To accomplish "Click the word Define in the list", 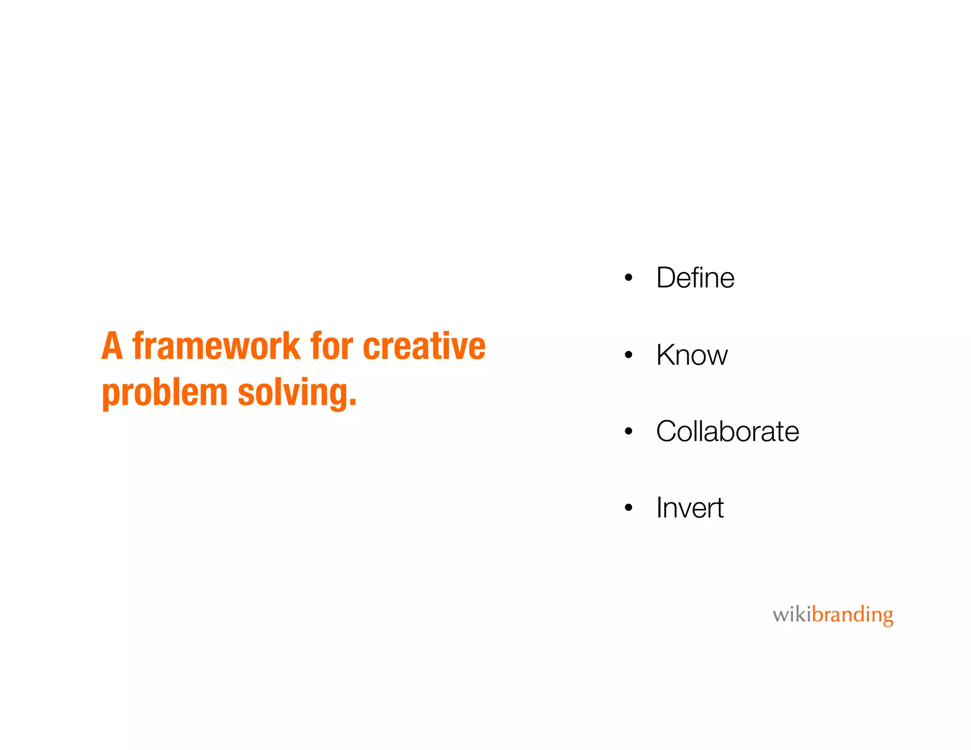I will pyautogui.click(x=695, y=278).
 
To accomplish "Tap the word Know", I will pyautogui.click(x=692, y=355).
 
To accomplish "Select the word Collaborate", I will pyautogui.click(x=727, y=431).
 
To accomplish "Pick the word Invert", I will pyautogui.click(x=690, y=508).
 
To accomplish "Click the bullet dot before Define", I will pyautogui.click(x=629, y=278).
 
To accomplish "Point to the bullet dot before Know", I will pyautogui.click(x=629, y=355).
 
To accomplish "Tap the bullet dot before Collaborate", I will pyautogui.click(x=629, y=431).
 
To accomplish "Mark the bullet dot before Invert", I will pyautogui.click(x=629, y=508).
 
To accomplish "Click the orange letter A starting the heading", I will pyautogui.click(x=112, y=346).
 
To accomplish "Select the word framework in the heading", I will pyautogui.click(x=216, y=346).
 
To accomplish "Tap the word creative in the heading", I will pyautogui.click(x=424, y=346).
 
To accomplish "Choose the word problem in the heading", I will pyautogui.click(x=165, y=393).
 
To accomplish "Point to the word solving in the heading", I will pyautogui.click(x=293, y=393).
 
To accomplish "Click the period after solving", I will pyautogui.click(x=352, y=403).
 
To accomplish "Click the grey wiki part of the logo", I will pyautogui.click(x=792, y=615).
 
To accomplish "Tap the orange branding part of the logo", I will pyautogui.click(x=852, y=615).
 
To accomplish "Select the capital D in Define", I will pyautogui.click(x=668, y=278).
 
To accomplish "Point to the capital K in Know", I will pyautogui.click(x=667, y=355).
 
